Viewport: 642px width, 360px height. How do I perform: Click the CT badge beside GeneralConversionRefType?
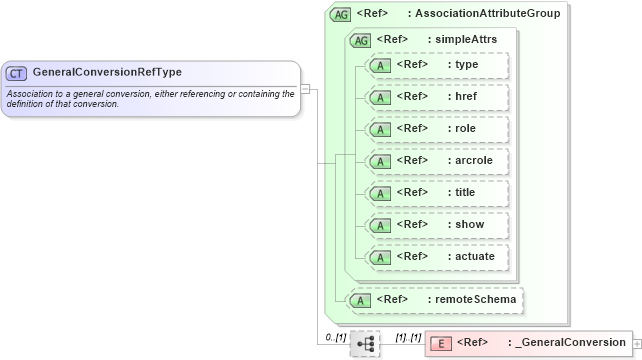click(17, 73)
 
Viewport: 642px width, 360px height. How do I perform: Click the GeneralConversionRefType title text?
click(107, 73)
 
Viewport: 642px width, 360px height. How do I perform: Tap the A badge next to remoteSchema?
click(358, 299)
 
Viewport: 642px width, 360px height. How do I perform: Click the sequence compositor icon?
click(365, 344)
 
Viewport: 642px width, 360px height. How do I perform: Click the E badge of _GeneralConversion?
click(440, 343)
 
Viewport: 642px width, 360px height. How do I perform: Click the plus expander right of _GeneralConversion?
click(637, 343)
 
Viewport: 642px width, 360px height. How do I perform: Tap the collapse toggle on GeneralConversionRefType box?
click(305, 88)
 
